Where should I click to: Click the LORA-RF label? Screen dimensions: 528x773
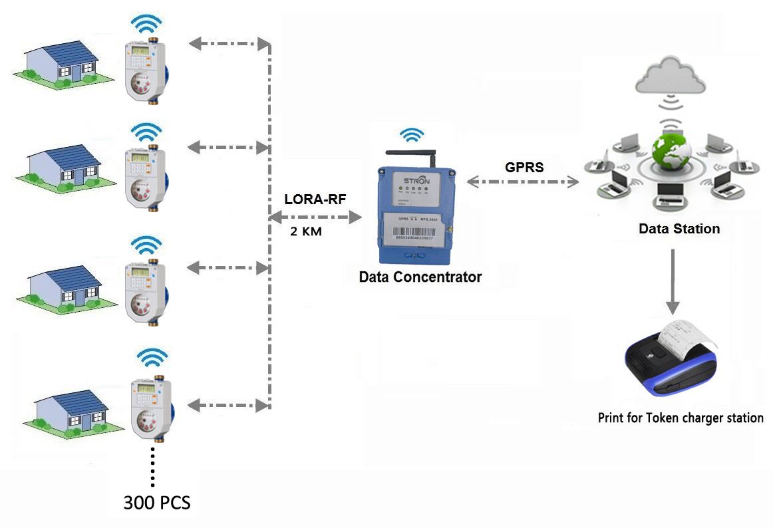coord(315,199)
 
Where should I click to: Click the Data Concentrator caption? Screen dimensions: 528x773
coord(420,277)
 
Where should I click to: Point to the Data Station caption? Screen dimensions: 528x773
coord(679,229)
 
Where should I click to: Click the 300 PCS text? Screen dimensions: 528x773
coord(157,503)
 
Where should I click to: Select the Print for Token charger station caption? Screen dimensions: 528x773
coord(681,418)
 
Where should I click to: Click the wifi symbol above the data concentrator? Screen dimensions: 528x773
coord(412,135)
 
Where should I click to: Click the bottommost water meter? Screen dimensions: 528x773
coord(148,407)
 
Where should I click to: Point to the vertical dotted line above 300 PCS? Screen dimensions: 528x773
coord(153,467)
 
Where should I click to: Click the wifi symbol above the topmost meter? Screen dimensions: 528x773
coord(146,25)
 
